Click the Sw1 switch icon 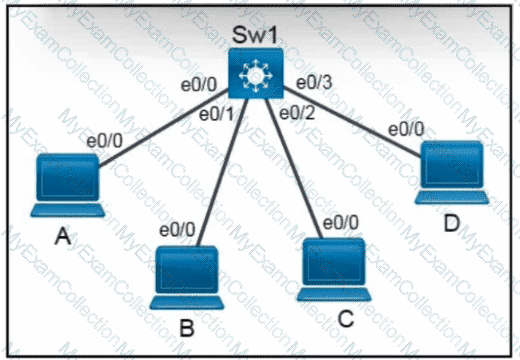pyautogui.click(x=256, y=73)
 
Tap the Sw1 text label pyautogui.click(x=255, y=35)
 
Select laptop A pyautogui.click(x=68, y=185)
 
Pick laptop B pyautogui.click(x=187, y=278)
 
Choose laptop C pyautogui.click(x=334, y=269)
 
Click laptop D pyautogui.click(x=452, y=172)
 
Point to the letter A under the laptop pyautogui.click(x=63, y=236)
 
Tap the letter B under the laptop pyautogui.click(x=187, y=328)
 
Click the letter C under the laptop pyautogui.click(x=345, y=319)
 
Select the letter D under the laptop pyautogui.click(x=452, y=223)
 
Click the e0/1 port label pyautogui.click(x=217, y=115)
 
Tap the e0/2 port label pyautogui.click(x=297, y=113)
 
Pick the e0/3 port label pyautogui.click(x=314, y=83)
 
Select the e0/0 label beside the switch pyautogui.click(x=199, y=85)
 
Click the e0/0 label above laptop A pyautogui.click(x=104, y=141)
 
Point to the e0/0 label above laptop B pyautogui.click(x=177, y=230)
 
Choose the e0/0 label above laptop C pyautogui.click(x=341, y=222)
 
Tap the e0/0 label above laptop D pyautogui.click(x=406, y=129)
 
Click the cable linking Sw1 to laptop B pyautogui.click(x=223, y=172)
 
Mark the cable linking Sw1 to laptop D pyautogui.click(x=352, y=122)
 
